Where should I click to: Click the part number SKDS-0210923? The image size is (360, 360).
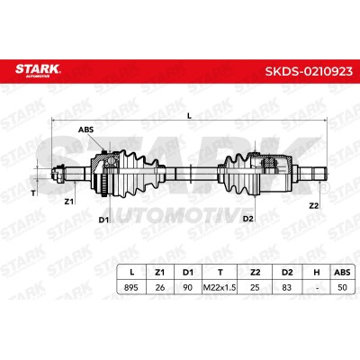309,71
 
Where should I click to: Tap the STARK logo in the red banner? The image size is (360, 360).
38,69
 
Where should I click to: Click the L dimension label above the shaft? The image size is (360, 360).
189,115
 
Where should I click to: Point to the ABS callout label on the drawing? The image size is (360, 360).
85,130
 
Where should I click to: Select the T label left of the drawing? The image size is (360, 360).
33,193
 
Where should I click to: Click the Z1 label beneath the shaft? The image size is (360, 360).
69,202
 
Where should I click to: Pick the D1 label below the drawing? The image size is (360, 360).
103,220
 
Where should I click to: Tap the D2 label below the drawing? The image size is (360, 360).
248,219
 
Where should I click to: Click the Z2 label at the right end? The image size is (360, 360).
314,205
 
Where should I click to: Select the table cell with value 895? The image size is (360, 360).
131,287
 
